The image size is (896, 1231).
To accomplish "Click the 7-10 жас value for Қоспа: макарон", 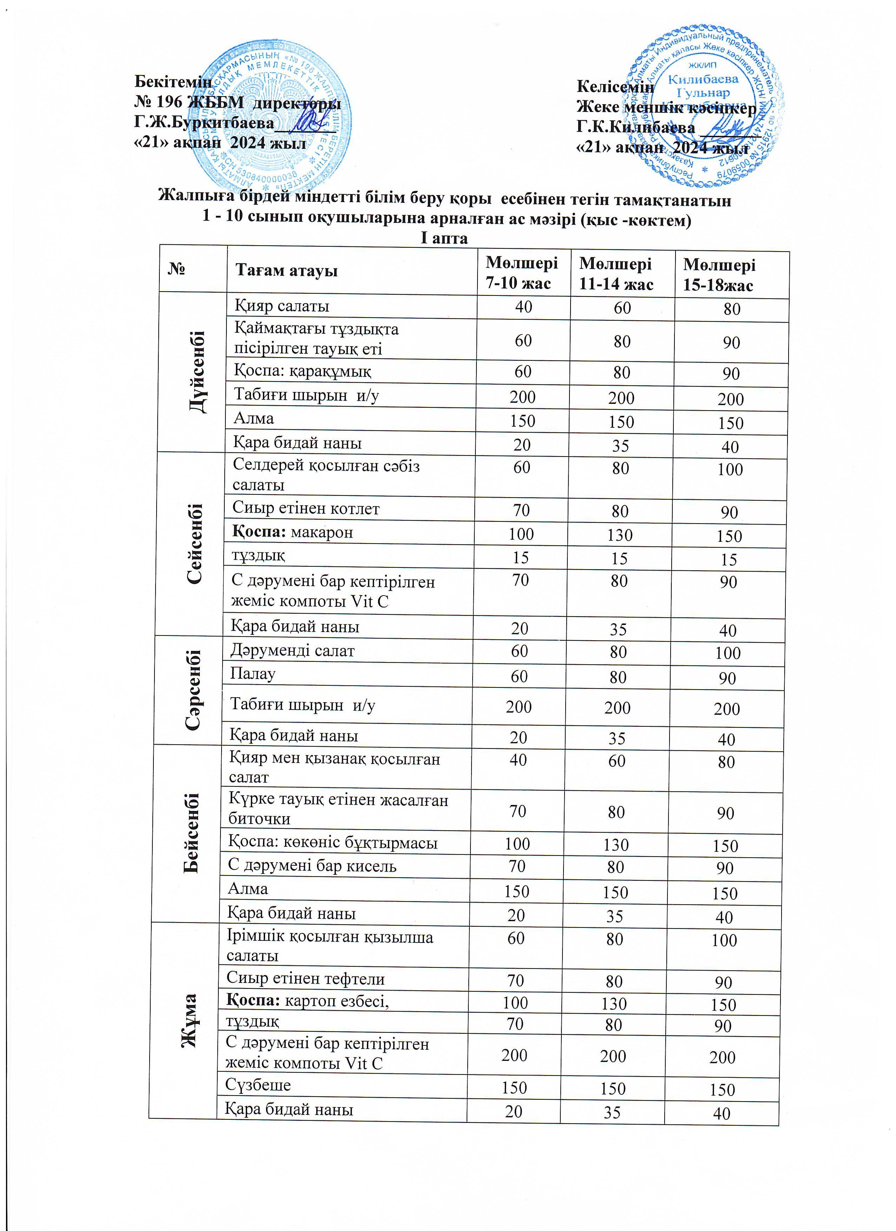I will click(521, 533).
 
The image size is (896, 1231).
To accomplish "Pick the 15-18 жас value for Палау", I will click(726, 678).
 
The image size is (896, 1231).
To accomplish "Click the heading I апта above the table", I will click(444, 238).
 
